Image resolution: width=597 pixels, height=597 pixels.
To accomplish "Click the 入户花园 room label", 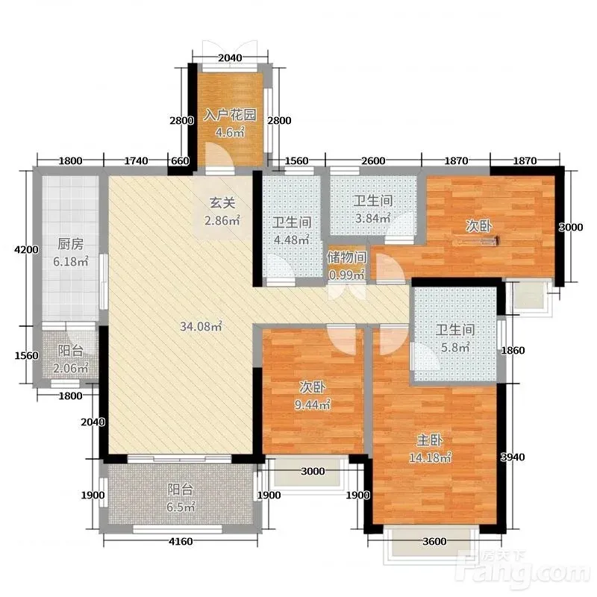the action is click(x=230, y=115).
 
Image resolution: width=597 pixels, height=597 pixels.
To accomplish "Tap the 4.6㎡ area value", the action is click(x=230, y=133).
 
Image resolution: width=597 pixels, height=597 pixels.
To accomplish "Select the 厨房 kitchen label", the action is click(x=70, y=244).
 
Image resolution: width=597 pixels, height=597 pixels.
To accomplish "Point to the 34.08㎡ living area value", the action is click(x=201, y=326).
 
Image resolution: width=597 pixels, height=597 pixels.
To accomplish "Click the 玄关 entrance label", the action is click(x=222, y=203).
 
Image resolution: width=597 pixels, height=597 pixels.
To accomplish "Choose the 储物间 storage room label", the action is click(x=346, y=257).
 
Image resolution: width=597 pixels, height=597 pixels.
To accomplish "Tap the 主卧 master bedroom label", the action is click(x=430, y=440).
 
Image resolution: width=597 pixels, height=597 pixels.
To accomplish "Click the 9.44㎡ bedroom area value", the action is click(x=312, y=404).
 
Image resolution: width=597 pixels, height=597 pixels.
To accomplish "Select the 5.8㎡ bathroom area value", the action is click(x=455, y=347).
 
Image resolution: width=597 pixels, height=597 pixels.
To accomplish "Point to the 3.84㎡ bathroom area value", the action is click(x=372, y=218).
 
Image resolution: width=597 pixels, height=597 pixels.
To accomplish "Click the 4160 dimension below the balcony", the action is click(x=181, y=541).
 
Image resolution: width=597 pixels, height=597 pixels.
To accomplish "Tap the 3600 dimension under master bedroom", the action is click(x=434, y=541).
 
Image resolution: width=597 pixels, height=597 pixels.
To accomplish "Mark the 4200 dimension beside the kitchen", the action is click(x=26, y=250).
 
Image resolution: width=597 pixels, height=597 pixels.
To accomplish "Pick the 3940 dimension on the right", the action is click(x=513, y=457).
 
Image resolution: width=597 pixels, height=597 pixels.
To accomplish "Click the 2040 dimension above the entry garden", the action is click(x=230, y=57).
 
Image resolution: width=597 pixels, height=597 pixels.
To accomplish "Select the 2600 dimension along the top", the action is click(x=373, y=160).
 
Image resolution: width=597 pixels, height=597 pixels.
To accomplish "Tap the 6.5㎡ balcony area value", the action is click(x=181, y=507).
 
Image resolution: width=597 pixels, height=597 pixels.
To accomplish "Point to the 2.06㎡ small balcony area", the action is click(x=71, y=368).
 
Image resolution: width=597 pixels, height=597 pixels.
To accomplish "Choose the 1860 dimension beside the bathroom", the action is click(x=513, y=350).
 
